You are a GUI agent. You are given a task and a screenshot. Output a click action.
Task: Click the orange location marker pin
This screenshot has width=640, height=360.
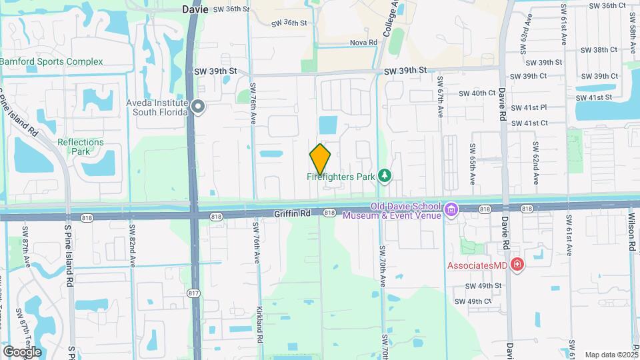coord(321,159)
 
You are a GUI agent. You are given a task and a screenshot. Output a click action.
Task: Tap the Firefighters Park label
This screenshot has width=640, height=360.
coord(340,177)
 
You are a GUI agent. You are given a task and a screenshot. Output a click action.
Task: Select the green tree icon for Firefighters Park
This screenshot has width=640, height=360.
coord(384,176)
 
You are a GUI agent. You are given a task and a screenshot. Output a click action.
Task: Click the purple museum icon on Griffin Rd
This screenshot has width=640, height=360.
coord(452,211)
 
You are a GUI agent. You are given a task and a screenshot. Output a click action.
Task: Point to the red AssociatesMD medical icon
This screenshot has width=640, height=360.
coord(517,265)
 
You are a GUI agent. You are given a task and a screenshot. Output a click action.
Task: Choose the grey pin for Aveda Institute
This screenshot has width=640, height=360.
coord(197,107)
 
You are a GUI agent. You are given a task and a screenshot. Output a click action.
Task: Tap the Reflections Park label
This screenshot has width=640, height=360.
coord(81,147)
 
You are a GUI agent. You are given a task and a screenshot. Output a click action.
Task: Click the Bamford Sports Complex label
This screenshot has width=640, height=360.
coord(51,61)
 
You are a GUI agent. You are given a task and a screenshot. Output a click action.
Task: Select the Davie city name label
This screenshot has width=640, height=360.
coord(195,9)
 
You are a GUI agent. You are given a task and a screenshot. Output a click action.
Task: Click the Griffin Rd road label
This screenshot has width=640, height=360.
coord(292,213)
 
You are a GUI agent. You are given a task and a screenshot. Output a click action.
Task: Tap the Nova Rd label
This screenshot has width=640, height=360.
coord(364,43)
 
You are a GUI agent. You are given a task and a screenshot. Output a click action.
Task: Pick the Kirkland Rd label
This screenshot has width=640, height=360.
coord(259,325)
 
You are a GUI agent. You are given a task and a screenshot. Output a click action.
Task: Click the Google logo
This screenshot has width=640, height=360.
coord(22,351)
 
